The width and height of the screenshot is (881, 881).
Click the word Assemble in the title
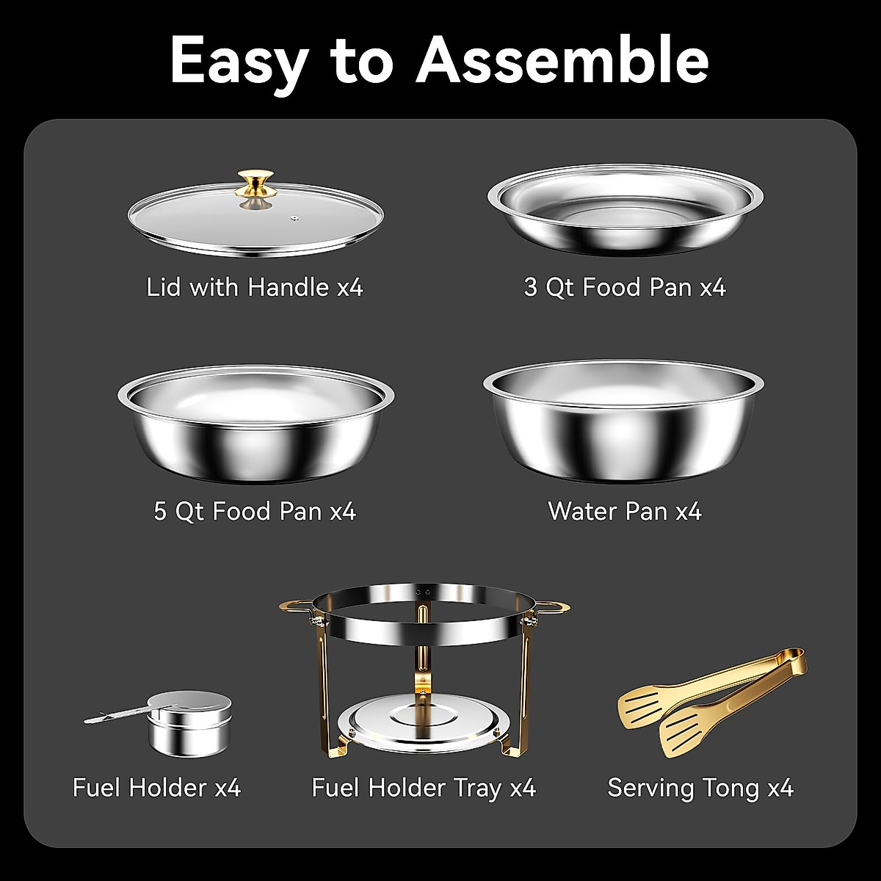tap(562, 60)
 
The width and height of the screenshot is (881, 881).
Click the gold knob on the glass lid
tap(255, 183)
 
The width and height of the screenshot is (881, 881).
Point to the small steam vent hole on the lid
tap(294, 217)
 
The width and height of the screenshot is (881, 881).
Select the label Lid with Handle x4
tap(255, 287)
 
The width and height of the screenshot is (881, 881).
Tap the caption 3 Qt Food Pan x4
tap(625, 287)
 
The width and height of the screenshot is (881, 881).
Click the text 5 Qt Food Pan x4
tap(255, 511)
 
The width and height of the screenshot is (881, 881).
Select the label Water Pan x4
tap(625, 511)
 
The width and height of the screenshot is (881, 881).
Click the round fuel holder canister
tap(189, 723)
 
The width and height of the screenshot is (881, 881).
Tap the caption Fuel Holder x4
tap(156, 788)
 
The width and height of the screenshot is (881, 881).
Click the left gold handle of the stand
tap(296, 607)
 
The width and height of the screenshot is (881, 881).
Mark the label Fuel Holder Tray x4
tap(424, 788)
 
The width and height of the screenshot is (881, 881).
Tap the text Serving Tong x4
tap(700, 788)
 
